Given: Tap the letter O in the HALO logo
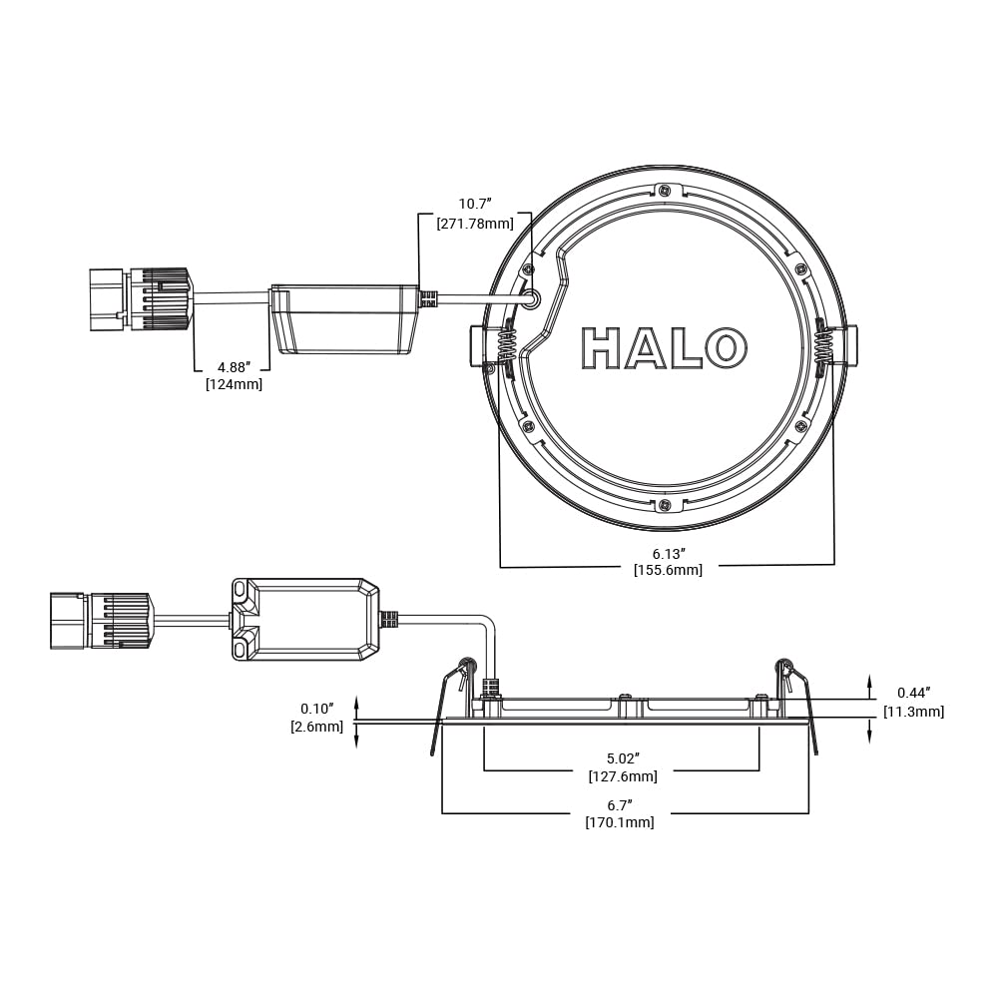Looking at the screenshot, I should point(726,347).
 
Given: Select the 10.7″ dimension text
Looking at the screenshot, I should point(476,205).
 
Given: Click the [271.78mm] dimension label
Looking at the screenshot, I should point(475,224).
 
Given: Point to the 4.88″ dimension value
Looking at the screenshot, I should point(234,365).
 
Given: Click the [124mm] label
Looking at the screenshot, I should point(234,383).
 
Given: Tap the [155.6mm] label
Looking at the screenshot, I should point(668,570).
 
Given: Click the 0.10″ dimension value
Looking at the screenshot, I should point(317,709).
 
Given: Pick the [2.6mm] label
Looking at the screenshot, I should point(317,727).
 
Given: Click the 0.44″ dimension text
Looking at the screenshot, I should point(914,693).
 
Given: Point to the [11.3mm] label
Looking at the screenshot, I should point(913,712).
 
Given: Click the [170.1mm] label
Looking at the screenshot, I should point(620,822).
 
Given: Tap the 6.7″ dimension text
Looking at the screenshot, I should point(620,804).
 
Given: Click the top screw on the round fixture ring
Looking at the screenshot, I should point(665,190).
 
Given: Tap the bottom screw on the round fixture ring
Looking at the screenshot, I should point(665,506).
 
